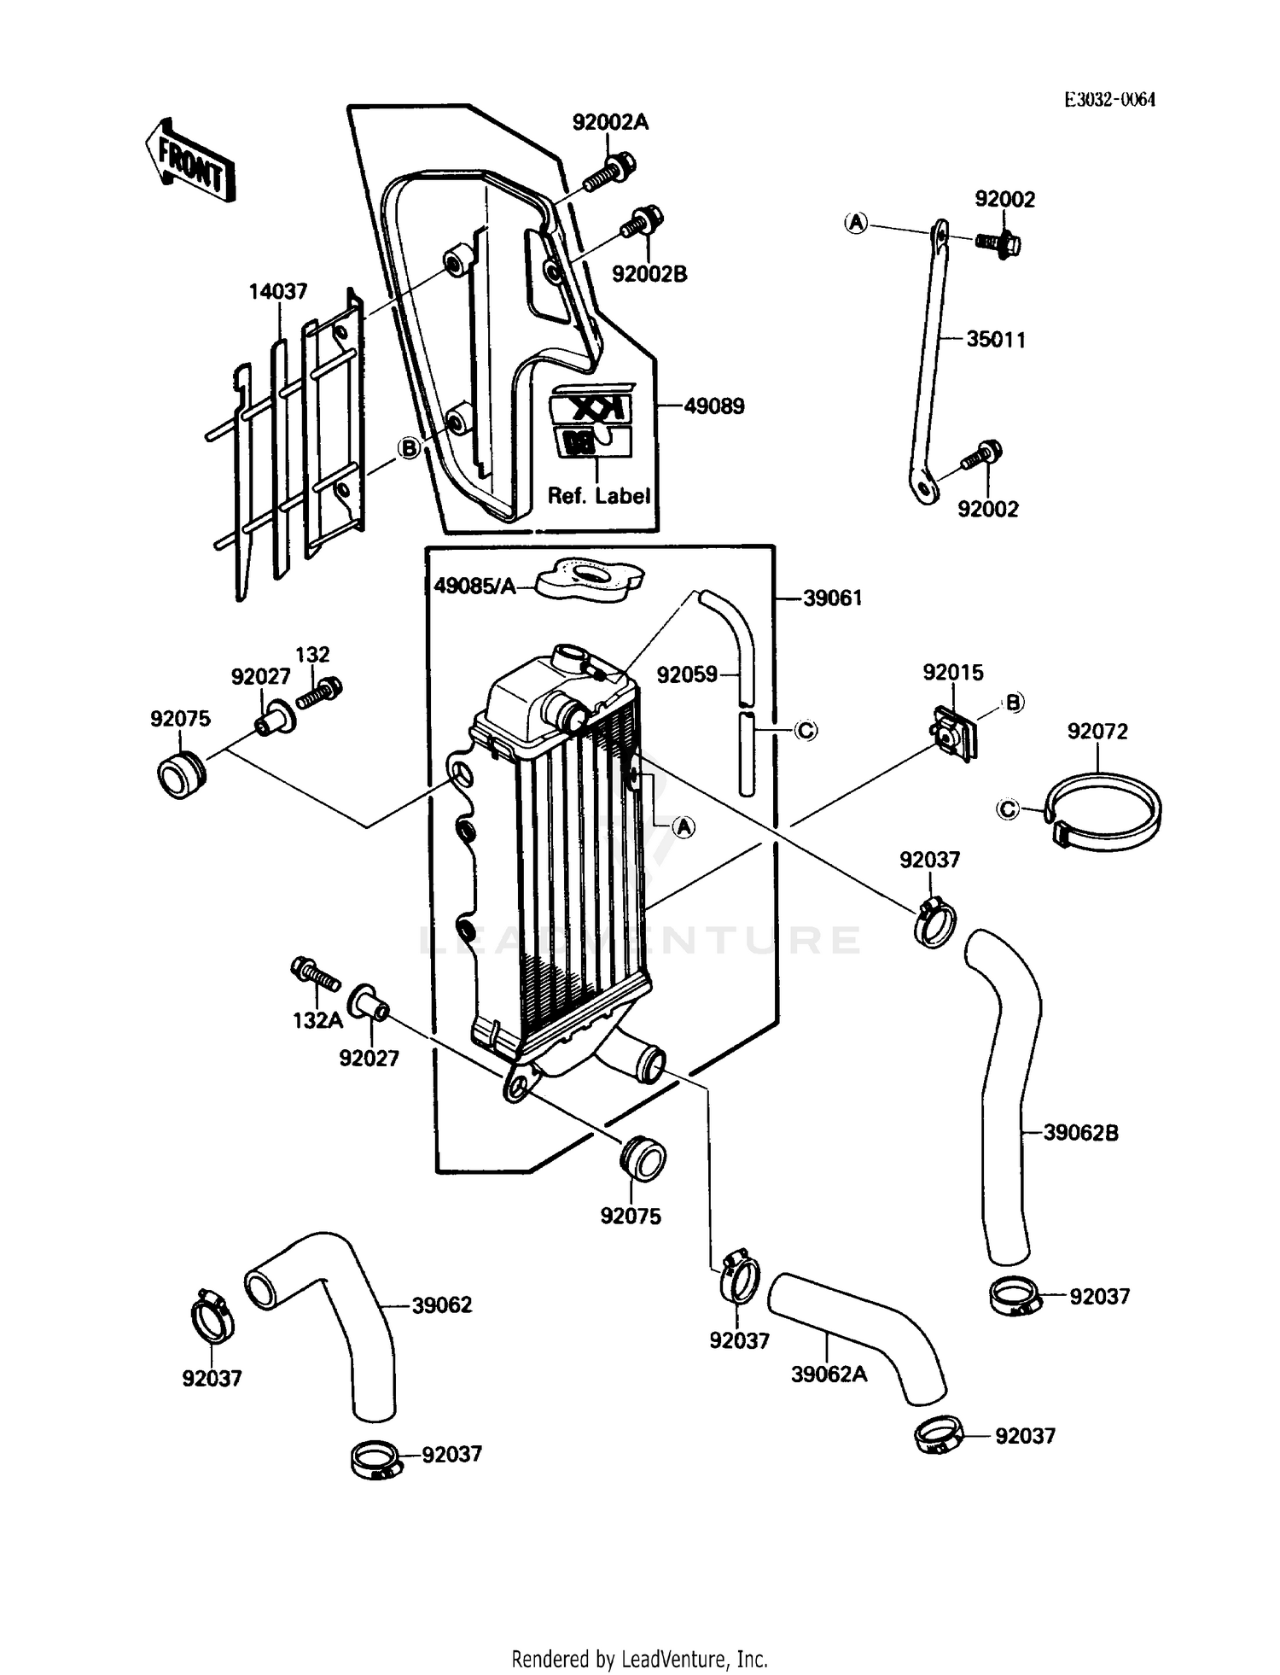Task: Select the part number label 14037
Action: (x=278, y=292)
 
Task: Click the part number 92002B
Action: (x=649, y=275)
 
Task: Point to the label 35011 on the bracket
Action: (x=996, y=340)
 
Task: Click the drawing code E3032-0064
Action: (x=1109, y=100)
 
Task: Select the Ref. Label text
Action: (x=599, y=496)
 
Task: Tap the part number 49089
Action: (x=714, y=406)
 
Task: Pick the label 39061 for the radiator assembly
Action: (x=833, y=598)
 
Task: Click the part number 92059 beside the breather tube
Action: (x=687, y=675)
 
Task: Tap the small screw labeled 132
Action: (x=320, y=692)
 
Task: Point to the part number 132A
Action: (x=317, y=1020)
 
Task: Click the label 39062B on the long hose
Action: (x=1080, y=1134)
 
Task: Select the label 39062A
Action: (x=829, y=1375)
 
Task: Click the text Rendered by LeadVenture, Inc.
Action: (x=639, y=1659)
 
